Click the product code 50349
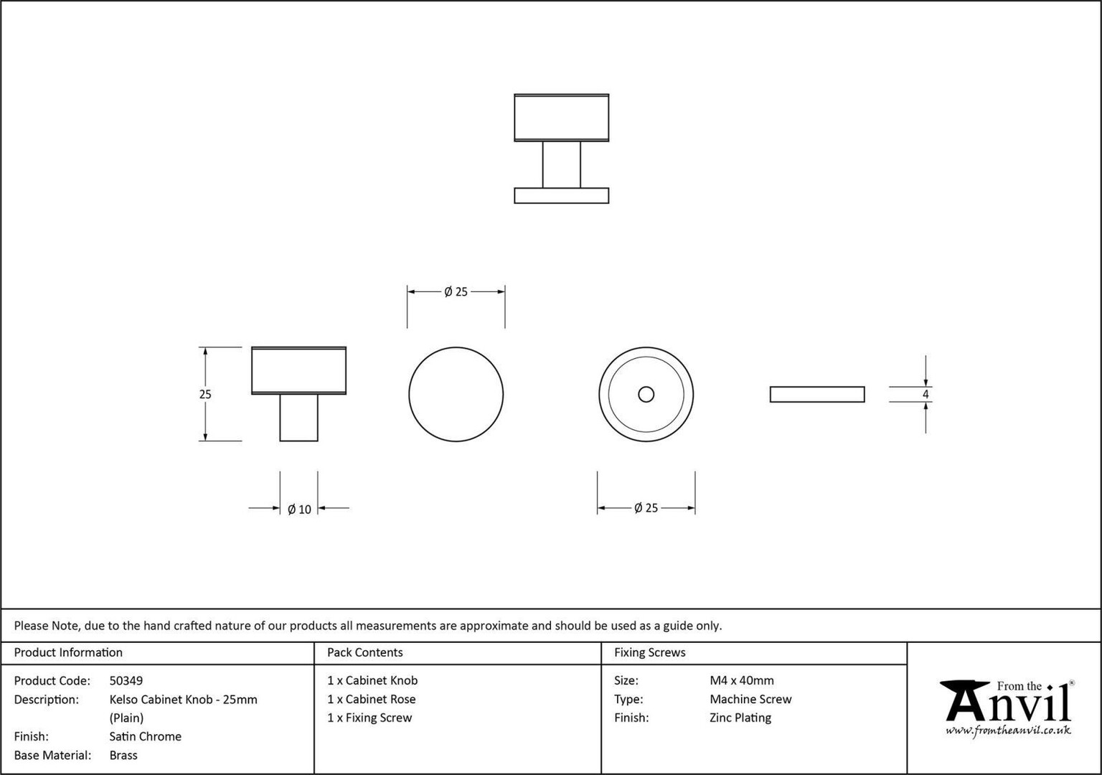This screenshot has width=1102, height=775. coord(126,680)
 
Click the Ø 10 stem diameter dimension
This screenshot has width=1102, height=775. coord(299,509)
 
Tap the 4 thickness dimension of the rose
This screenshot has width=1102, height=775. coord(926,394)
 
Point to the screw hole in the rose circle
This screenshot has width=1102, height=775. coord(646,394)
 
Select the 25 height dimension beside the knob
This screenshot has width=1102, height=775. coord(205,394)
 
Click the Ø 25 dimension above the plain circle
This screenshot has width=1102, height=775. coord(456,292)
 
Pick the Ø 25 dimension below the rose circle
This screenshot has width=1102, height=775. coord(646,508)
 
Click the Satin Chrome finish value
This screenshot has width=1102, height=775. coord(145,737)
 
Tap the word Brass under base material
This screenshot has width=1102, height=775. coord(123,756)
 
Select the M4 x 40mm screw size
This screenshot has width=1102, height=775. coord(741,680)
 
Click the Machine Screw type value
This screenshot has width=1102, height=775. coord(750,699)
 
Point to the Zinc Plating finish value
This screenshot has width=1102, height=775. coord(740,718)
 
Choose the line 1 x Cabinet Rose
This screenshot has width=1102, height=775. coord(372,699)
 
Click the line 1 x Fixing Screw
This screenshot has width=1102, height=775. coord(369,718)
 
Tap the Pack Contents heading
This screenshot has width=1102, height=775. coord(365,652)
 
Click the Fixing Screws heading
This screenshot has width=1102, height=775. coord(649,652)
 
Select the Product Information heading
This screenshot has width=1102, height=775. coord(68,652)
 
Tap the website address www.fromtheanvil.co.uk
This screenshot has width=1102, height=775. coord(1008,731)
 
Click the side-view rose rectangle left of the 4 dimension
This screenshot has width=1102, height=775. coord(817,394)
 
